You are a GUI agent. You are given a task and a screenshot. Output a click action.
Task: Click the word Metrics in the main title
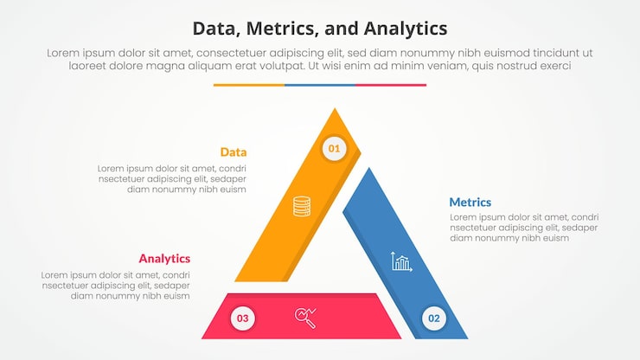(284, 28)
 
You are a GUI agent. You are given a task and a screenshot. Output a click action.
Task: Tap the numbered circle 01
(334, 149)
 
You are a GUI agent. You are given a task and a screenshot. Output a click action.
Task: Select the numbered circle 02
(433, 318)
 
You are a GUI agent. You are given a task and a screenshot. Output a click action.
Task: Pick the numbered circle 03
(243, 318)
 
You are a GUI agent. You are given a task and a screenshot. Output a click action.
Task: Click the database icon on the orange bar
(301, 206)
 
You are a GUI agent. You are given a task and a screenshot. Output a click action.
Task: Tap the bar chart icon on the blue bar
(401, 260)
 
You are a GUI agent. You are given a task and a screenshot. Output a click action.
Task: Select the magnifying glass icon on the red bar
(305, 318)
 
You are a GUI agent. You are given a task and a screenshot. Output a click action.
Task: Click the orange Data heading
(233, 152)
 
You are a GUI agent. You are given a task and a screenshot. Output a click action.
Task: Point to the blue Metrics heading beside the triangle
(470, 202)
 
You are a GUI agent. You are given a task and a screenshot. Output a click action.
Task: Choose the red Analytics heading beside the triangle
(164, 259)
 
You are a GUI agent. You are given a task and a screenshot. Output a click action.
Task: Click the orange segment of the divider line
(248, 85)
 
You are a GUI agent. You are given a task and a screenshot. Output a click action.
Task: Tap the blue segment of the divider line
(319, 85)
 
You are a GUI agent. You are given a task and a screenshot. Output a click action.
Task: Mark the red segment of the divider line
(391, 85)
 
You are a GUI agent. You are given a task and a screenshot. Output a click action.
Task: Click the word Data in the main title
(219, 28)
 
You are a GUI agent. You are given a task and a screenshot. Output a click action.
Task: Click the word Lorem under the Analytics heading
(55, 275)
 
